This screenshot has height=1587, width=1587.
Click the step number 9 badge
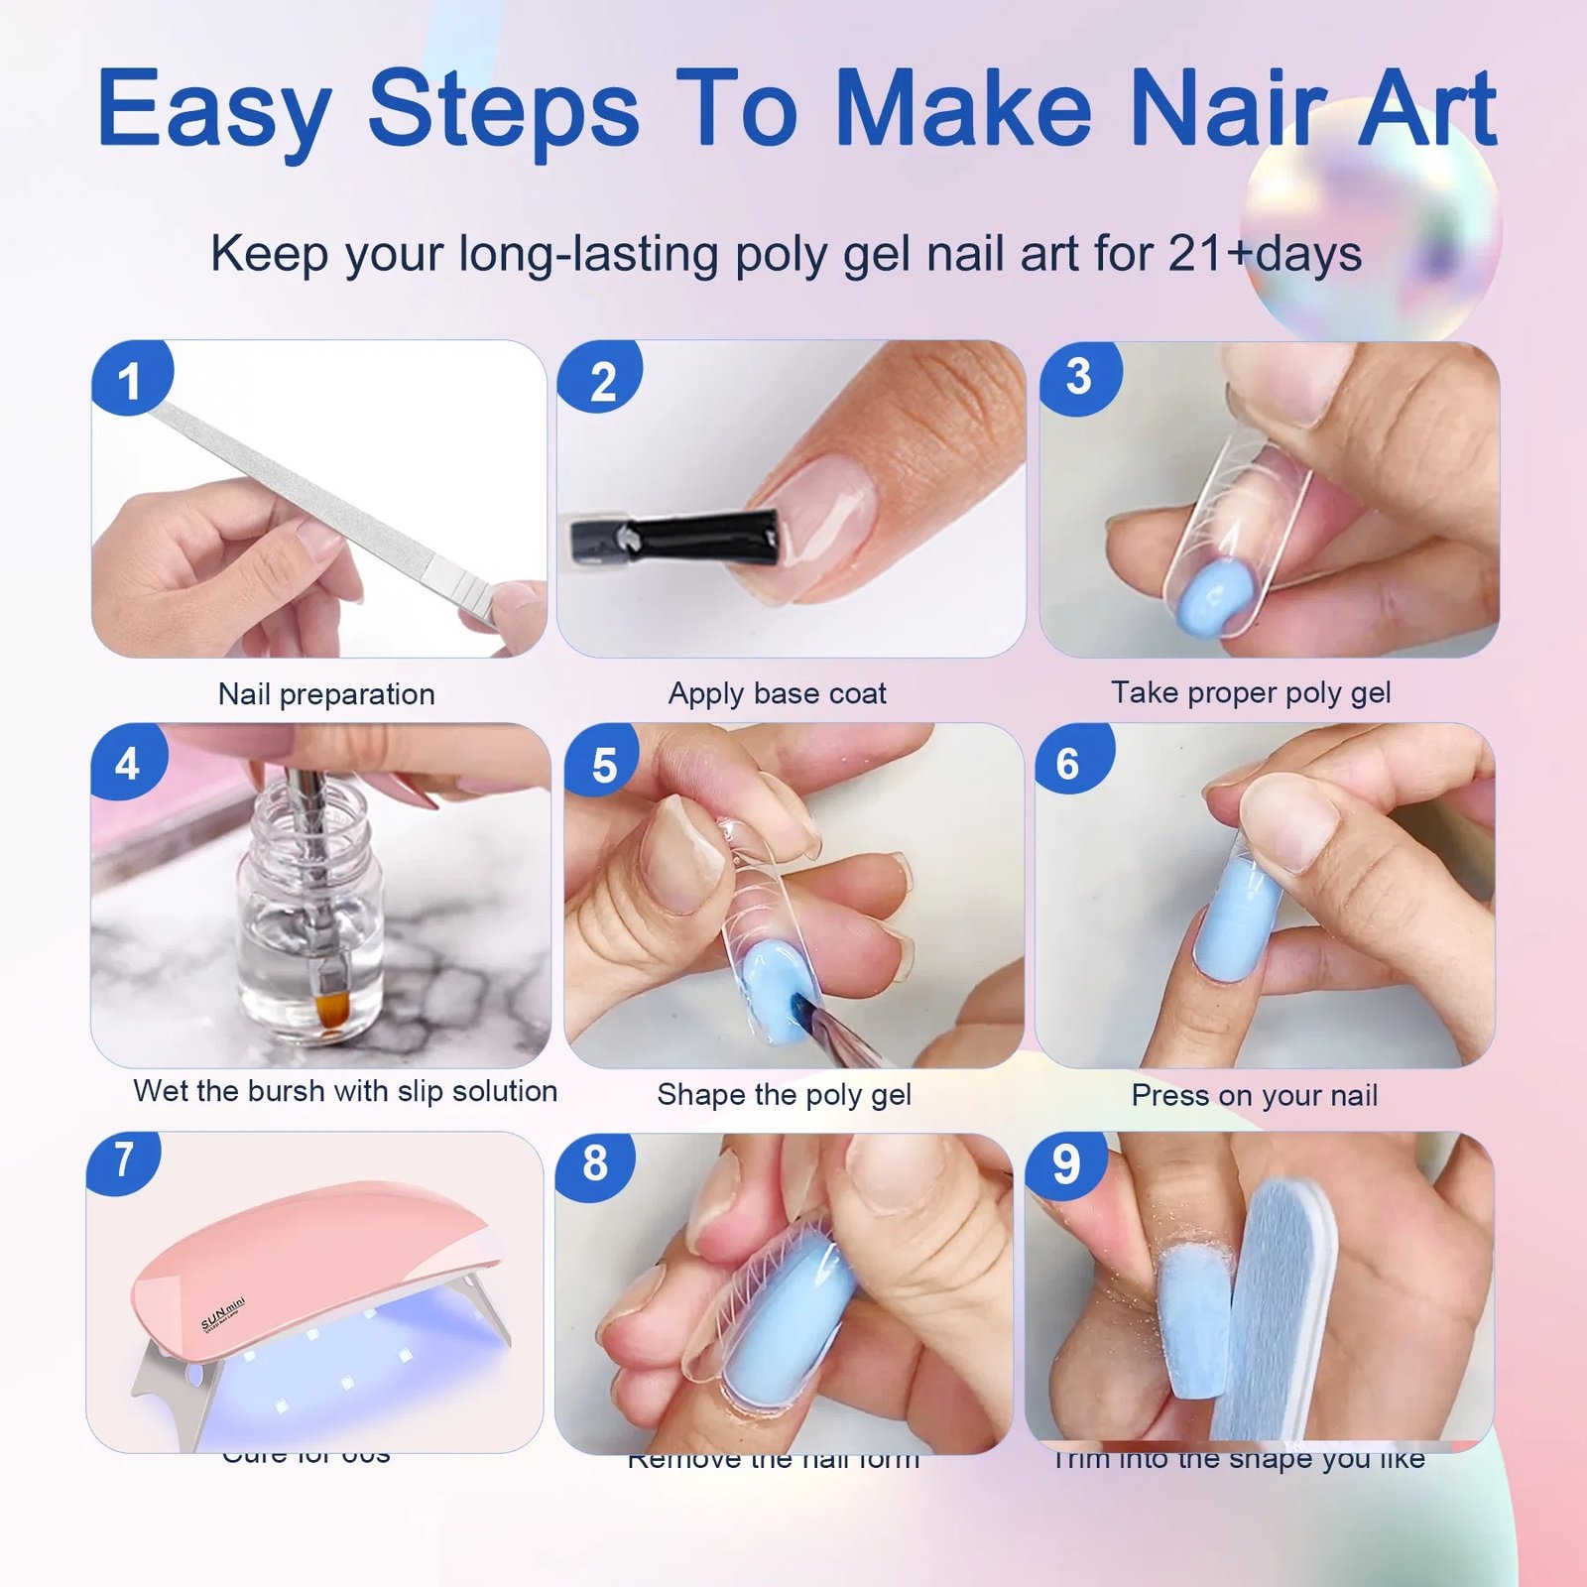click(1066, 1163)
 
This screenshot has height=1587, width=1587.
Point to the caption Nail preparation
click(326, 693)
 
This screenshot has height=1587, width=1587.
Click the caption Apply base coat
click(777, 692)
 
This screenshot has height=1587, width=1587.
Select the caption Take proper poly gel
click(1250, 691)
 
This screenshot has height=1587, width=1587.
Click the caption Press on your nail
click(1254, 1095)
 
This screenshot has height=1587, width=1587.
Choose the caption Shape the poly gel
click(784, 1094)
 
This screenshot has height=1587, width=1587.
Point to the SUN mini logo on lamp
click(223, 1313)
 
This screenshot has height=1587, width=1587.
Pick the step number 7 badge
click(124, 1160)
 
